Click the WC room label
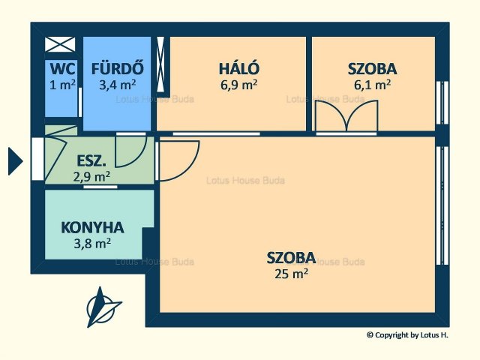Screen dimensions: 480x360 [62, 68]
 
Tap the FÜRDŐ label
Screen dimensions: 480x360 [118, 68]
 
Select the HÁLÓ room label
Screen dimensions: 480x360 [239, 68]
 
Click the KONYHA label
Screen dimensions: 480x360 [92, 227]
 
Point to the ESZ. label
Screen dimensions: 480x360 [91, 161]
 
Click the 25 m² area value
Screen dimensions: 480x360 [291, 273]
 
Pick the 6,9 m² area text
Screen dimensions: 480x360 [238, 85]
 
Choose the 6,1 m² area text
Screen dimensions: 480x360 [372, 85]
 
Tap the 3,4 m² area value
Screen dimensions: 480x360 [118, 85]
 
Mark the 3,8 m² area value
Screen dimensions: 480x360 [92, 244]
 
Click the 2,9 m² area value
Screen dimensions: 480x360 [91, 176]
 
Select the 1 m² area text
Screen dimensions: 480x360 [62, 85]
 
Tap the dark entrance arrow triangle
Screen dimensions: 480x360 [15, 161]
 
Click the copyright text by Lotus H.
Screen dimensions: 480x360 [407, 335]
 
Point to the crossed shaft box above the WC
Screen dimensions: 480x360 [60, 44]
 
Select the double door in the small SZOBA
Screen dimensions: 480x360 [346, 116]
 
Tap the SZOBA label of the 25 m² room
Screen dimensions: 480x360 [291, 258]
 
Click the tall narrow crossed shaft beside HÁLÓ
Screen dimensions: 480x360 [160, 64]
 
